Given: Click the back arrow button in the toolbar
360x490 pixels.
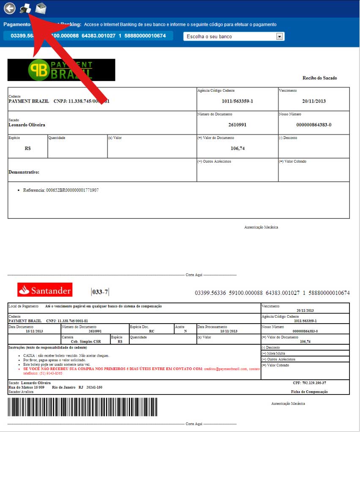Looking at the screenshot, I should click(x=10, y=8).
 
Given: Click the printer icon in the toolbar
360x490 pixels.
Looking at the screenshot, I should click(x=25, y=8).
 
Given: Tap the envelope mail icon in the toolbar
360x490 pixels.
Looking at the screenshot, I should click(x=41, y=8).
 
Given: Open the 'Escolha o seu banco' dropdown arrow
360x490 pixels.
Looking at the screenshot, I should click(x=279, y=36).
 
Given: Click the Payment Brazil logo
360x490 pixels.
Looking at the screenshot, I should click(x=61, y=70).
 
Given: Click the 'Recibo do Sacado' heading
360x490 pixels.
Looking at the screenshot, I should click(x=319, y=78).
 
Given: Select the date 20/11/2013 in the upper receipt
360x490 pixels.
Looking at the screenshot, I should click(x=314, y=101).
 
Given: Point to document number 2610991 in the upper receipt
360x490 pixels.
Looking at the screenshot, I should click(x=237, y=125).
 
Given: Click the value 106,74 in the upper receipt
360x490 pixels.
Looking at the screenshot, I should click(x=238, y=149).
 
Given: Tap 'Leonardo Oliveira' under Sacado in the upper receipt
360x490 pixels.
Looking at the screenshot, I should click(x=27, y=125).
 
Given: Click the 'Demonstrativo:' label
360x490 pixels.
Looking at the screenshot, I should click(x=24, y=172).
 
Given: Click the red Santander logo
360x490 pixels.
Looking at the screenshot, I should click(x=44, y=290).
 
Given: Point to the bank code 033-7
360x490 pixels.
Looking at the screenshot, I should click(x=100, y=292).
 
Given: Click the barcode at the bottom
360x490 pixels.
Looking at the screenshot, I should click(x=82, y=407).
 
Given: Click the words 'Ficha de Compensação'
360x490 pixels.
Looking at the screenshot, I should click(x=309, y=392).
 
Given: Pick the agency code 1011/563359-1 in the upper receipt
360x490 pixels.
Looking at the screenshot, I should click(x=237, y=101).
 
